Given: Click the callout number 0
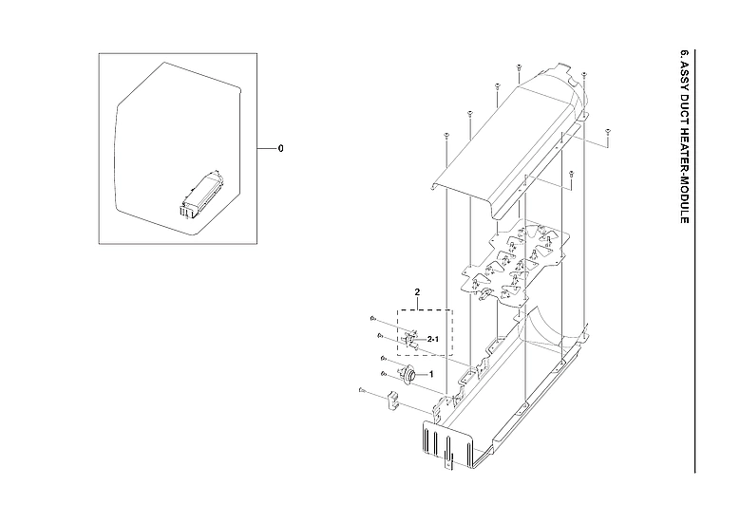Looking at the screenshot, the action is (x=281, y=149).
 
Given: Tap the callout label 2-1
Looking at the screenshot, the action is (x=433, y=339).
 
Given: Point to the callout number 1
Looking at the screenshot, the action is (x=432, y=375).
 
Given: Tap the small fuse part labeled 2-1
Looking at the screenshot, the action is (x=411, y=337).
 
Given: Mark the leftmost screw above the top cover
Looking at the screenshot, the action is (x=445, y=137).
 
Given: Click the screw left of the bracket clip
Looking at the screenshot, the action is (x=363, y=391).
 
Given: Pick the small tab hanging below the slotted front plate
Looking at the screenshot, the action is (x=452, y=466).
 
